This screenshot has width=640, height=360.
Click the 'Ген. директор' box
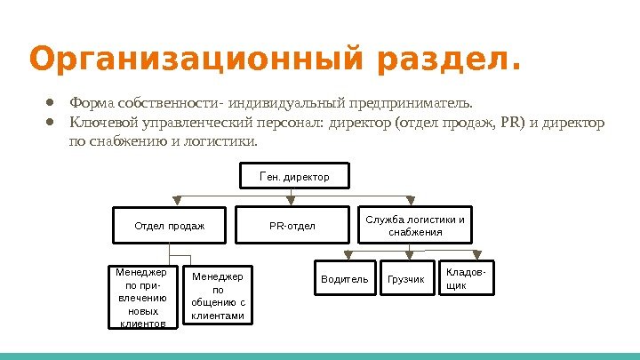293,177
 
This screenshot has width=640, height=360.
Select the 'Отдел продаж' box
169,226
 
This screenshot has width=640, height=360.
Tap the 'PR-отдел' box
292,226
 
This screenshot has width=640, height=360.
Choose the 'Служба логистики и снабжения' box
415,226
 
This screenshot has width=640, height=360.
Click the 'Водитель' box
344,279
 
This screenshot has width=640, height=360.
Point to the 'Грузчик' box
407,279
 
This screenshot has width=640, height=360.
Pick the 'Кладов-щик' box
468,276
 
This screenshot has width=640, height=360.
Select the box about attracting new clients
142,296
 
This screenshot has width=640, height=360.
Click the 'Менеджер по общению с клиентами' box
218,296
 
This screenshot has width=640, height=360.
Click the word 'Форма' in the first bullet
90,101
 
